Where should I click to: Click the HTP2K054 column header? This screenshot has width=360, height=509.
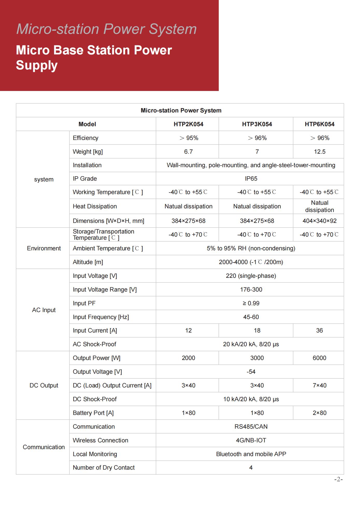point(188,124)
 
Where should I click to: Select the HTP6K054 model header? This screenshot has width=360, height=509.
point(319,124)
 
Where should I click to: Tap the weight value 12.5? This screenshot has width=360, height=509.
point(320,152)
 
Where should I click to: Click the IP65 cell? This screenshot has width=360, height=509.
point(251,179)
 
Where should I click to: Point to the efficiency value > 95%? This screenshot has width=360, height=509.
point(189,138)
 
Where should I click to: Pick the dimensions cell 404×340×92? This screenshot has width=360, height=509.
point(320,221)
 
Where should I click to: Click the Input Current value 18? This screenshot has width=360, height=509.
point(257,330)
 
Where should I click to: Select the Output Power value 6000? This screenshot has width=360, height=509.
point(319,358)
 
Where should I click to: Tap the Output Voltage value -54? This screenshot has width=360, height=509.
point(251,372)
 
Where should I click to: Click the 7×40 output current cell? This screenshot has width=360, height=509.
point(320,385)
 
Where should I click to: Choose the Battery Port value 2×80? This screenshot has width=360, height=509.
point(320,413)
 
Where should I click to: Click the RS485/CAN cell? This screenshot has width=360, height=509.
point(251,427)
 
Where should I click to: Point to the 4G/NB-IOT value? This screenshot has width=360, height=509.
point(251,440)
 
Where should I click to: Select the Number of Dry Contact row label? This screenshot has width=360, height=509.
point(104,468)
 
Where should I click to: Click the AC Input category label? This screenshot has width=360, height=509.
point(44,310)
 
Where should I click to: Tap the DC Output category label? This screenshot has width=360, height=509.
point(44,385)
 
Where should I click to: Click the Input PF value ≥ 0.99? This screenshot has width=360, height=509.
point(251,303)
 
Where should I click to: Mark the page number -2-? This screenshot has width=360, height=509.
point(338,479)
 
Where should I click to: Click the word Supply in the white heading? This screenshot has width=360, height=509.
point(37,65)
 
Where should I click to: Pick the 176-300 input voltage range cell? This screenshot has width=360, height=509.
point(251,289)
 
